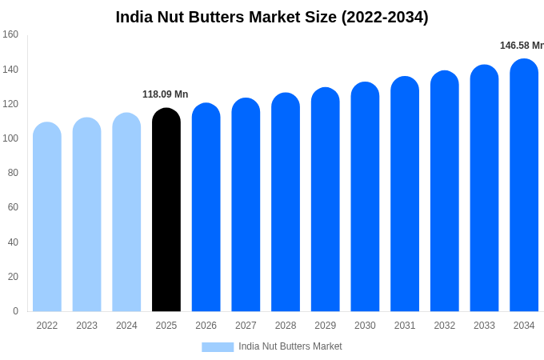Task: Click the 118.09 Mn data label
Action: pyautogui.click(x=166, y=94)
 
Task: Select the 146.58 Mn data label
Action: pyautogui.click(x=522, y=46)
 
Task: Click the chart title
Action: pyautogui.click(x=272, y=17)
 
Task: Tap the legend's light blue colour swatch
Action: pyautogui.click(x=218, y=346)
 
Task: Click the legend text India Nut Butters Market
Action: pyautogui.click(x=290, y=346)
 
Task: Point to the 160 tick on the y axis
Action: pyautogui.click(x=10, y=34)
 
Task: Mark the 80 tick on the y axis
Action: pyautogui.click(x=13, y=173)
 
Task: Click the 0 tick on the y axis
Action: pyautogui.click(x=15, y=311)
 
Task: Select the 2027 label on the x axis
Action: pyautogui.click(x=246, y=326)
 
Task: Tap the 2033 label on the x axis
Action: pyautogui.click(x=484, y=326)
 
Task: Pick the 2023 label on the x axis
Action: pyautogui.click(x=86, y=326)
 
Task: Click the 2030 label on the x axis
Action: pyautogui.click(x=365, y=326)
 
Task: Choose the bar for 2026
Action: pyautogui.click(x=206, y=207)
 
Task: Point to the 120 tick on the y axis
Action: pyautogui.click(x=10, y=104)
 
